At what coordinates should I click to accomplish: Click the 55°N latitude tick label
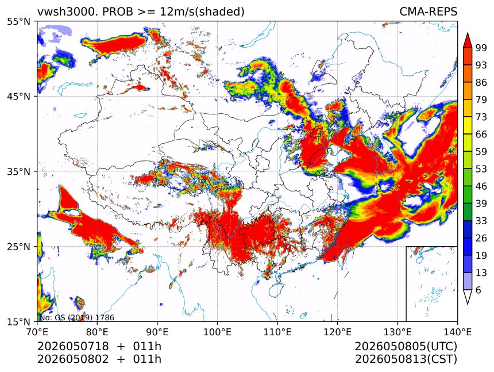18,22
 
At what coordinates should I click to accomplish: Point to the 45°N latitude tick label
18,96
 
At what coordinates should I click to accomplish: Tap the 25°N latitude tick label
18,246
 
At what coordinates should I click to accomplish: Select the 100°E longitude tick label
217,332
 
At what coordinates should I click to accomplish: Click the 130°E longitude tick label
397,332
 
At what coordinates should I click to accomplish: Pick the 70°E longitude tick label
37,332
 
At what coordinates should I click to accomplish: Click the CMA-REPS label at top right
428,11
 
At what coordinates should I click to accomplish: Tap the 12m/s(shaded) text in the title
202,12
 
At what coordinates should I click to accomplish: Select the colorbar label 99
481,48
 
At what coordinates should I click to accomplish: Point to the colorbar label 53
481,169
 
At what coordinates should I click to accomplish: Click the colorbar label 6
478,290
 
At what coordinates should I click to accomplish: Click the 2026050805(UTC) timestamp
406,346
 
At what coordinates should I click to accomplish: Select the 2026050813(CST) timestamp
406,359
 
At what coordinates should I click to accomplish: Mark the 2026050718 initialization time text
73,346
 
